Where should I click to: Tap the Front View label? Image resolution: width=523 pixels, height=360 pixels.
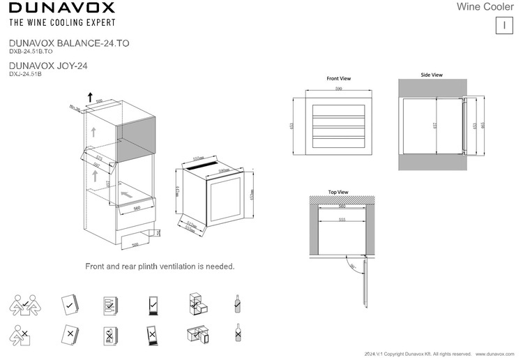(x=338, y=79)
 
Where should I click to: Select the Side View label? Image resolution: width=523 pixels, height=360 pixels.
(x=432, y=75)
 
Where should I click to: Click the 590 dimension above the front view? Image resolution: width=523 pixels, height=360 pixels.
(x=339, y=90)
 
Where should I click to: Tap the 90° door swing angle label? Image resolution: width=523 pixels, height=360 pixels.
(x=353, y=266)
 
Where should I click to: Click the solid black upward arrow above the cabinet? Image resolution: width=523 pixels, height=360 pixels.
(x=89, y=96)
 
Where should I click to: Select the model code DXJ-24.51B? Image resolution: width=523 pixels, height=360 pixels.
(x=25, y=74)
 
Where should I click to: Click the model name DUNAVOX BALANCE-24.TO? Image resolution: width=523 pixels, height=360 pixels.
(x=68, y=43)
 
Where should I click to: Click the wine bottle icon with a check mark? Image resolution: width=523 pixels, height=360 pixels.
(x=238, y=303)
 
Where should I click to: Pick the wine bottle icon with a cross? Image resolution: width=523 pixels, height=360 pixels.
(x=238, y=334)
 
